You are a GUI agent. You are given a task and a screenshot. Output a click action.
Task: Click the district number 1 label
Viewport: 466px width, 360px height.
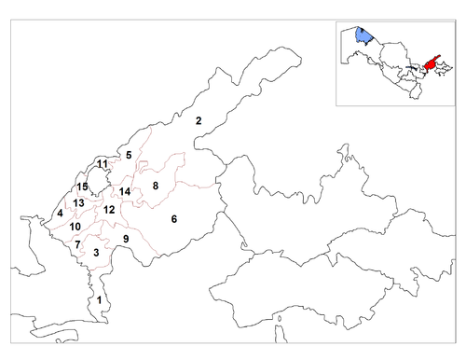click(x=99, y=300)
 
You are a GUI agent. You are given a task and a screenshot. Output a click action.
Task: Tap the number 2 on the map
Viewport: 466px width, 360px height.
click(x=199, y=120)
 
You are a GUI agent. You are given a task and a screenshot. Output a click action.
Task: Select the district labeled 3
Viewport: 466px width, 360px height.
click(x=96, y=253)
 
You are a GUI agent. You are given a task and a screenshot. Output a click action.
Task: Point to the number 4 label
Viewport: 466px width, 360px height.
click(x=60, y=214)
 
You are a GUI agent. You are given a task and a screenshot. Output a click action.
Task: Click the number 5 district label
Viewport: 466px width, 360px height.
click(x=129, y=155)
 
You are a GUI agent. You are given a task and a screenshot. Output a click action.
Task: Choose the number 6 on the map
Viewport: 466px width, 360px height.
click(x=174, y=219)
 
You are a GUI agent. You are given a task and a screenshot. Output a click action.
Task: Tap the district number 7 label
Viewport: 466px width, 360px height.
click(x=77, y=244)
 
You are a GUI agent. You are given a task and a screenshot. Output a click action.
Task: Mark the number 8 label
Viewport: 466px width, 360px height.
click(x=156, y=186)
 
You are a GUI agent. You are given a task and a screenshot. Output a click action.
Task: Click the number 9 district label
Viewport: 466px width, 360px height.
click(x=126, y=239)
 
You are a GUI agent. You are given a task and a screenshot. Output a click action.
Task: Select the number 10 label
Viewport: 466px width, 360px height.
click(x=75, y=227)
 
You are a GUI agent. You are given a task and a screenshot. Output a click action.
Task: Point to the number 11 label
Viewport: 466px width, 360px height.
click(x=103, y=163)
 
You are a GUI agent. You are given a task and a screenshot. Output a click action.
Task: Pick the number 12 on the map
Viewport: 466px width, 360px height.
click(x=109, y=210)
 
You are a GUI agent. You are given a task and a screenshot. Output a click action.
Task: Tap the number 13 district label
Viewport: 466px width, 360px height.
click(x=78, y=203)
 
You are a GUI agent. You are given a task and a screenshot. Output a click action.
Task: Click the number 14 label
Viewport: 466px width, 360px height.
click(x=125, y=191)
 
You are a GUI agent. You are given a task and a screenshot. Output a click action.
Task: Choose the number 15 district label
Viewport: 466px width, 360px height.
click(x=82, y=187)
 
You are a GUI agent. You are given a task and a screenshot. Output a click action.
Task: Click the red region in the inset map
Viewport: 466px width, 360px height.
click(x=431, y=64)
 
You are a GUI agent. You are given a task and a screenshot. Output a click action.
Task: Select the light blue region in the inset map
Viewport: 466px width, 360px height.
click(x=363, y=35)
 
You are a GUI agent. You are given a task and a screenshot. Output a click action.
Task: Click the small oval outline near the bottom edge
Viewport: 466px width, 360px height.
click(x=280, y=319)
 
